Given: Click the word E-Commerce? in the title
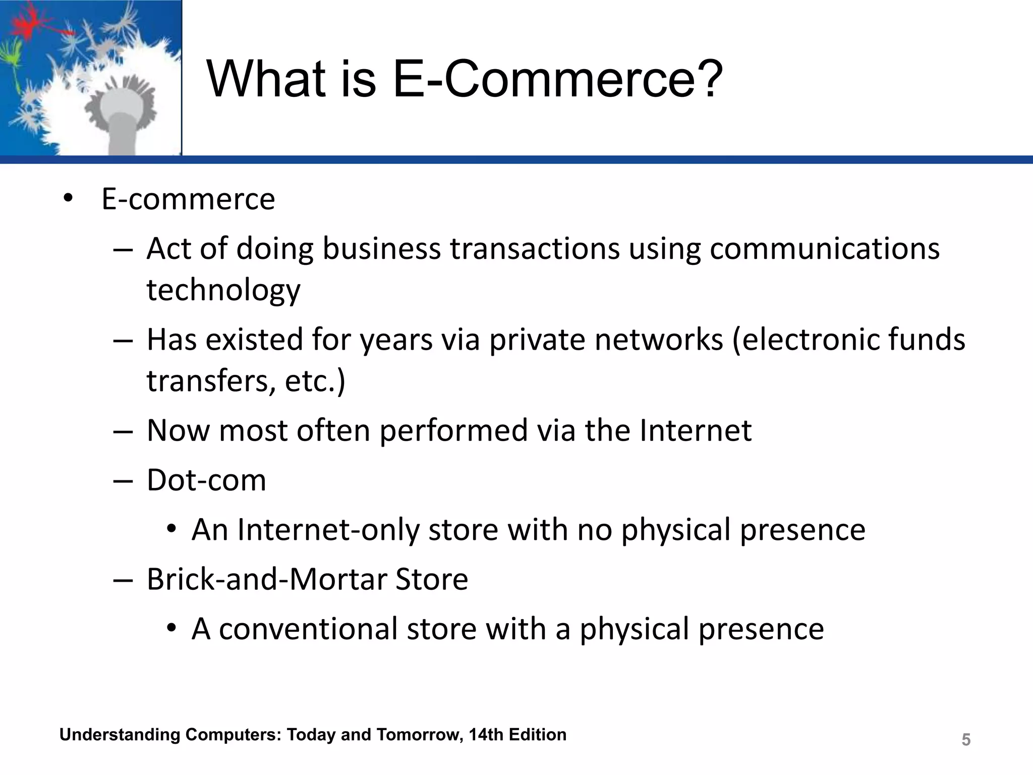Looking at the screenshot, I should coord(557,79).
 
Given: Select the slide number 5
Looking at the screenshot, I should coord(966,740).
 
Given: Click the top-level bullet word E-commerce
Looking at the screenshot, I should coord(188,199).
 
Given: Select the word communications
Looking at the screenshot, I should coord(825,249).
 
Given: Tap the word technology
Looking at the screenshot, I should coord(223,291).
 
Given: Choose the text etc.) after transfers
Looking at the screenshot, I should coord(315,380).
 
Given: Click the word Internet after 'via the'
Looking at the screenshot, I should coord(696,430).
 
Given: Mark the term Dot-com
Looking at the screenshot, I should coord(206,480).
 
